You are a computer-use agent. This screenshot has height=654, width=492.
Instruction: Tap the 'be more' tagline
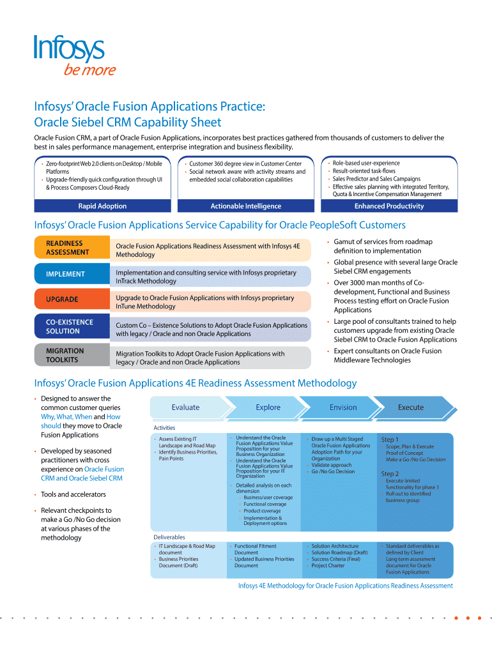(89, 70)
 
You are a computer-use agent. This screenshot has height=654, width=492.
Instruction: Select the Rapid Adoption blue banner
(102, 206)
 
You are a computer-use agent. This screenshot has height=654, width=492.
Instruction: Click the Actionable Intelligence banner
(246, 206)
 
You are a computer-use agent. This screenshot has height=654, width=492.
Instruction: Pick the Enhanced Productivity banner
(389, 206)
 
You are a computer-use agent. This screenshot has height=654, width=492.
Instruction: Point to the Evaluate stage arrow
(185, 407)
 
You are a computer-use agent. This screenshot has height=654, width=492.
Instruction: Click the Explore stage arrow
(268, 407)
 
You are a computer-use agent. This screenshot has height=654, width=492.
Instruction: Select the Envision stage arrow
(343, 407)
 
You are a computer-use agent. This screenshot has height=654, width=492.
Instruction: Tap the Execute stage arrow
(411, 407)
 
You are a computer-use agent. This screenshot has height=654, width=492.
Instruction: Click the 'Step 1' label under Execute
(390, 439)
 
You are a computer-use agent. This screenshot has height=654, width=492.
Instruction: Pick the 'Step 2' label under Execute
(390, 474)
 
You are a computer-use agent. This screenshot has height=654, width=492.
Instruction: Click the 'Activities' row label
(164, 428)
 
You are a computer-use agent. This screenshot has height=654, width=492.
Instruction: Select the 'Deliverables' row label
(169, 537)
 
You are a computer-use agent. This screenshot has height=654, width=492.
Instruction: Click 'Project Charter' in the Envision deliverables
(328, 565)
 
